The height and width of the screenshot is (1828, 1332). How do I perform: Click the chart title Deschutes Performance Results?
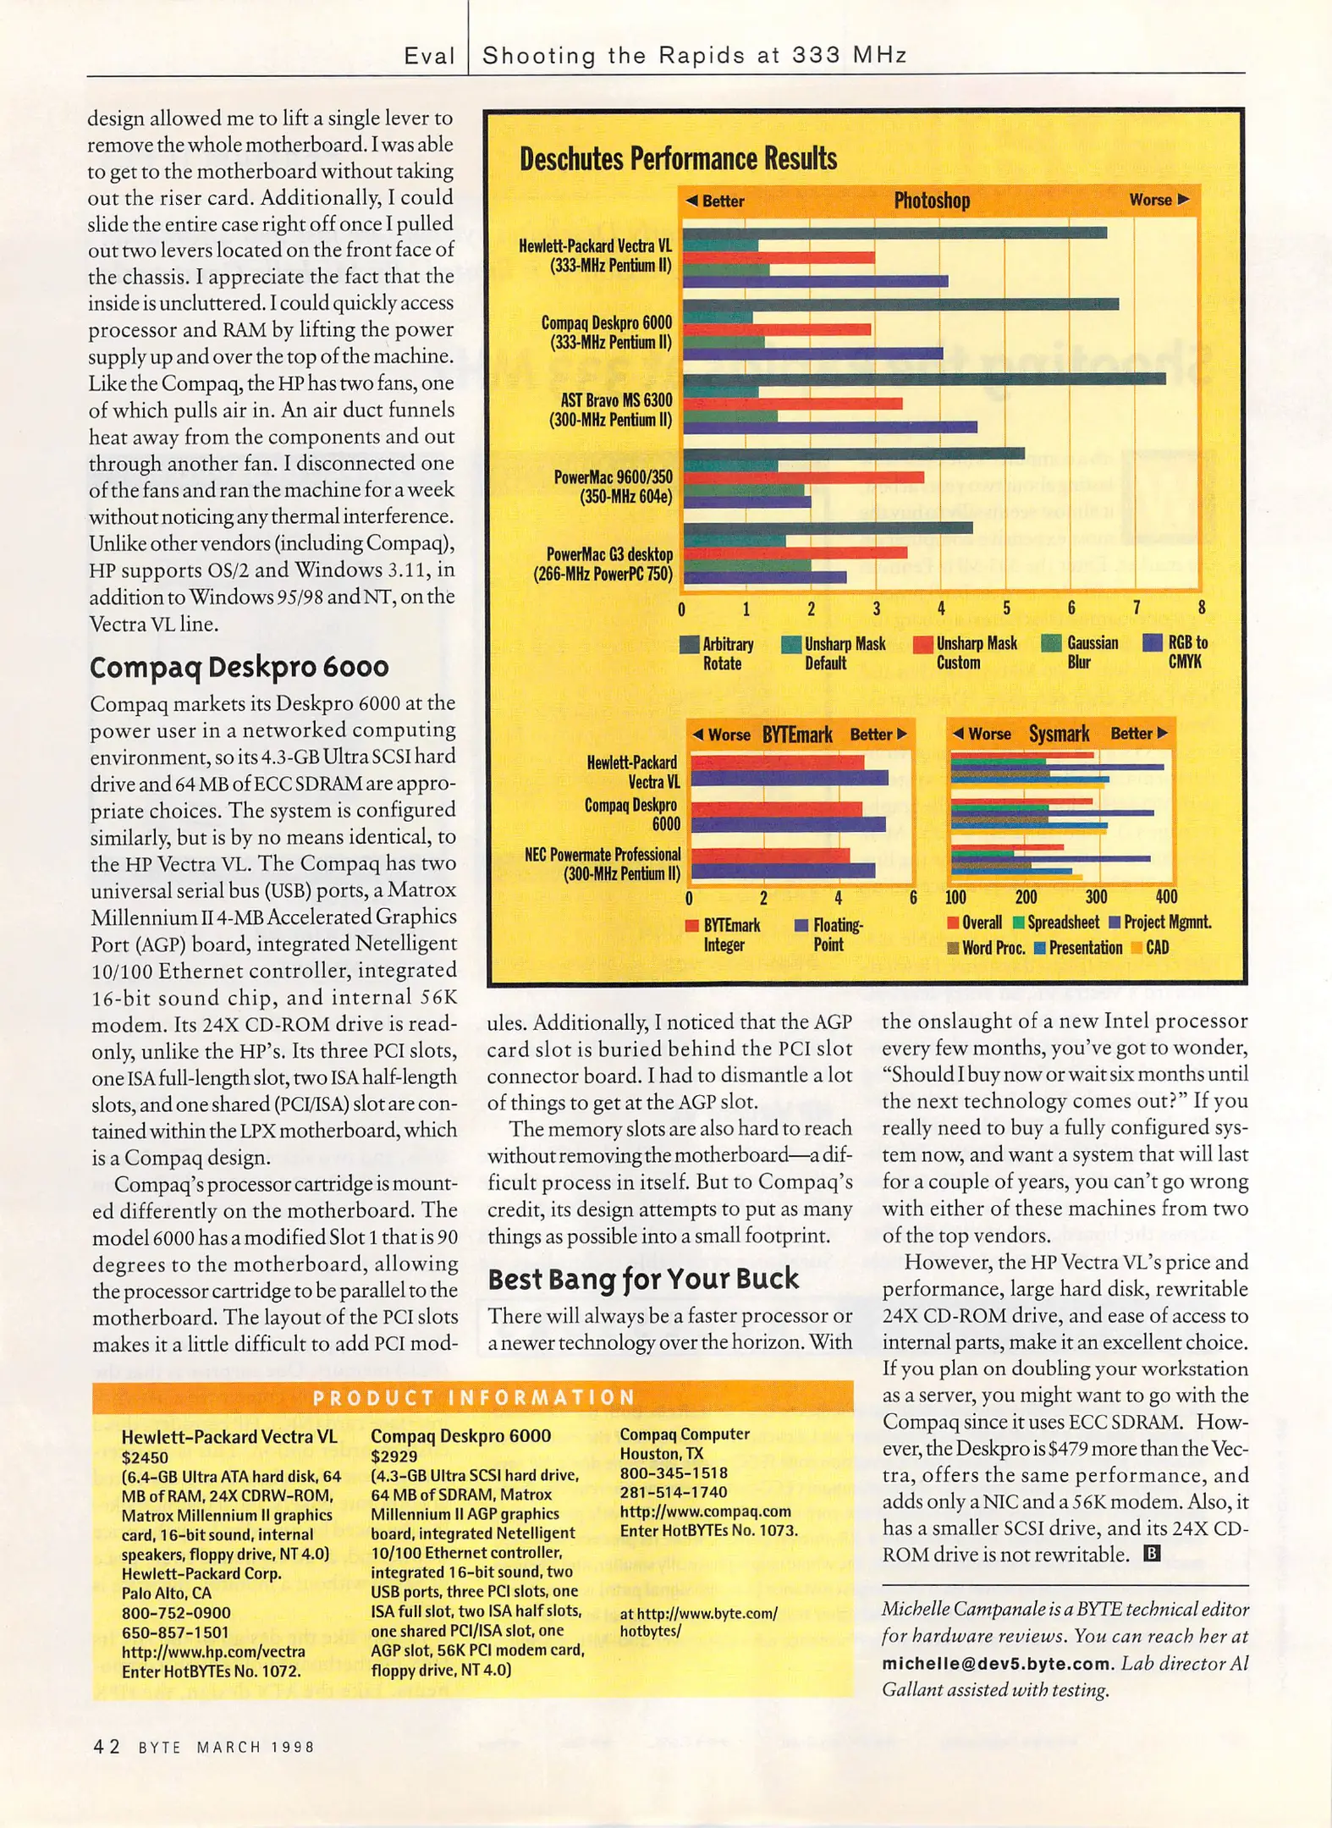[678, 159]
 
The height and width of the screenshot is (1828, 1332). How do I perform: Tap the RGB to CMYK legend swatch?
[1152, 643]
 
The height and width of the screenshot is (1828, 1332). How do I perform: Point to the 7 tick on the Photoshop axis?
[1137, 608]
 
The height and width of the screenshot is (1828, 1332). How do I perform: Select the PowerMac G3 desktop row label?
[603, 564]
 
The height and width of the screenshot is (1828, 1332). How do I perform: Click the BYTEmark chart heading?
[797, 735]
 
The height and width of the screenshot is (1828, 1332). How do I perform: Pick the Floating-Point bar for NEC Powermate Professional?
[783, 870]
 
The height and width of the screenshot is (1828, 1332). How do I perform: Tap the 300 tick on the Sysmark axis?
[1096, 897]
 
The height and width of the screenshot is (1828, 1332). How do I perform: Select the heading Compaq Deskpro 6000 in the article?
[239, 667]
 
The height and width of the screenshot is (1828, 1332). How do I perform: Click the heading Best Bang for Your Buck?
[643, 1278]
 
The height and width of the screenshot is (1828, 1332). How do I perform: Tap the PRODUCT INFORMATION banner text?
[474, 1397]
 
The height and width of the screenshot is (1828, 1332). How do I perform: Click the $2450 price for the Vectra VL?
[145, 1457]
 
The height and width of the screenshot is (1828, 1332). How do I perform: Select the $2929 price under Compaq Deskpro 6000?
[394, 1456]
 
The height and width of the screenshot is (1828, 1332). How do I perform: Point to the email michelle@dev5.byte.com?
[996, 1663]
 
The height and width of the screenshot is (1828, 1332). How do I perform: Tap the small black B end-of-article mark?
[1152, 1553]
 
